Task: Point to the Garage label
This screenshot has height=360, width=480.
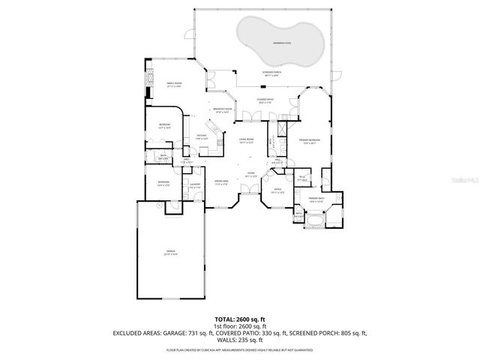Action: tap(170, 253)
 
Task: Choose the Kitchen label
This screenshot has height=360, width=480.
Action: tap(202, 137)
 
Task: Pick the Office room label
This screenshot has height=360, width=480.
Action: tap(277, 190)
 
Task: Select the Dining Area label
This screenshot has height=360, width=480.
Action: tap(221, 182)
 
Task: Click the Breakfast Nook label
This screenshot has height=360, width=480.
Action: tap(221, 111)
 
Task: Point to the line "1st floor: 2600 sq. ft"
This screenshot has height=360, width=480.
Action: tap(240, 326)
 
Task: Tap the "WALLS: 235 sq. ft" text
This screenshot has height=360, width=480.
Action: tap(240, 339)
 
